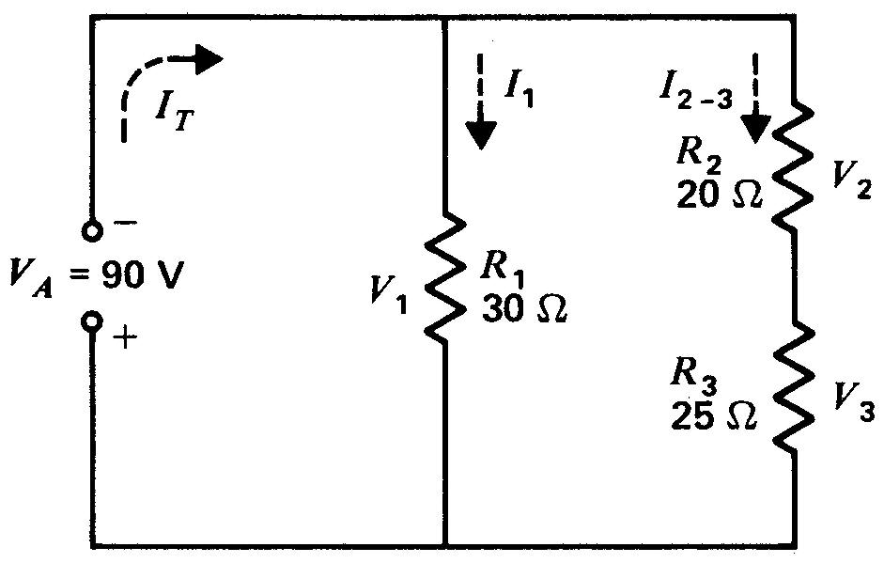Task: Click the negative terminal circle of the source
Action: (x=91, y=231)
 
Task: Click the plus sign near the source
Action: (x=126, y=338)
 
